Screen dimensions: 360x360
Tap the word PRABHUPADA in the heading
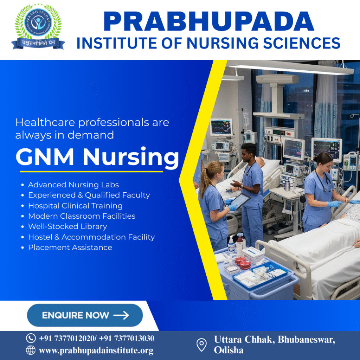tap(208, 22)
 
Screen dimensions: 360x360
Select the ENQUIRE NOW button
tap(85, 315)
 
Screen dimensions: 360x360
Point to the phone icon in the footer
tap(31, 338)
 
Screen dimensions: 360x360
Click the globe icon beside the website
tap(31, 350)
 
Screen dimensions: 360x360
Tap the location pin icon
tap(201, 345)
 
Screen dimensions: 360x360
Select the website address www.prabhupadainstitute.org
tap(96, 351)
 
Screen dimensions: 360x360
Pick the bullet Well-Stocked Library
tap(67, 226)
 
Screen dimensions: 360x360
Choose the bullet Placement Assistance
tap(70, 247)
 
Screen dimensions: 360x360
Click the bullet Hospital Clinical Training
tap(75, 206)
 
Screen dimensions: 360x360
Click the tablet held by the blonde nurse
tap(242, 201)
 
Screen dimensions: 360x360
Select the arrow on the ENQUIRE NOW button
tap(121, 315)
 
